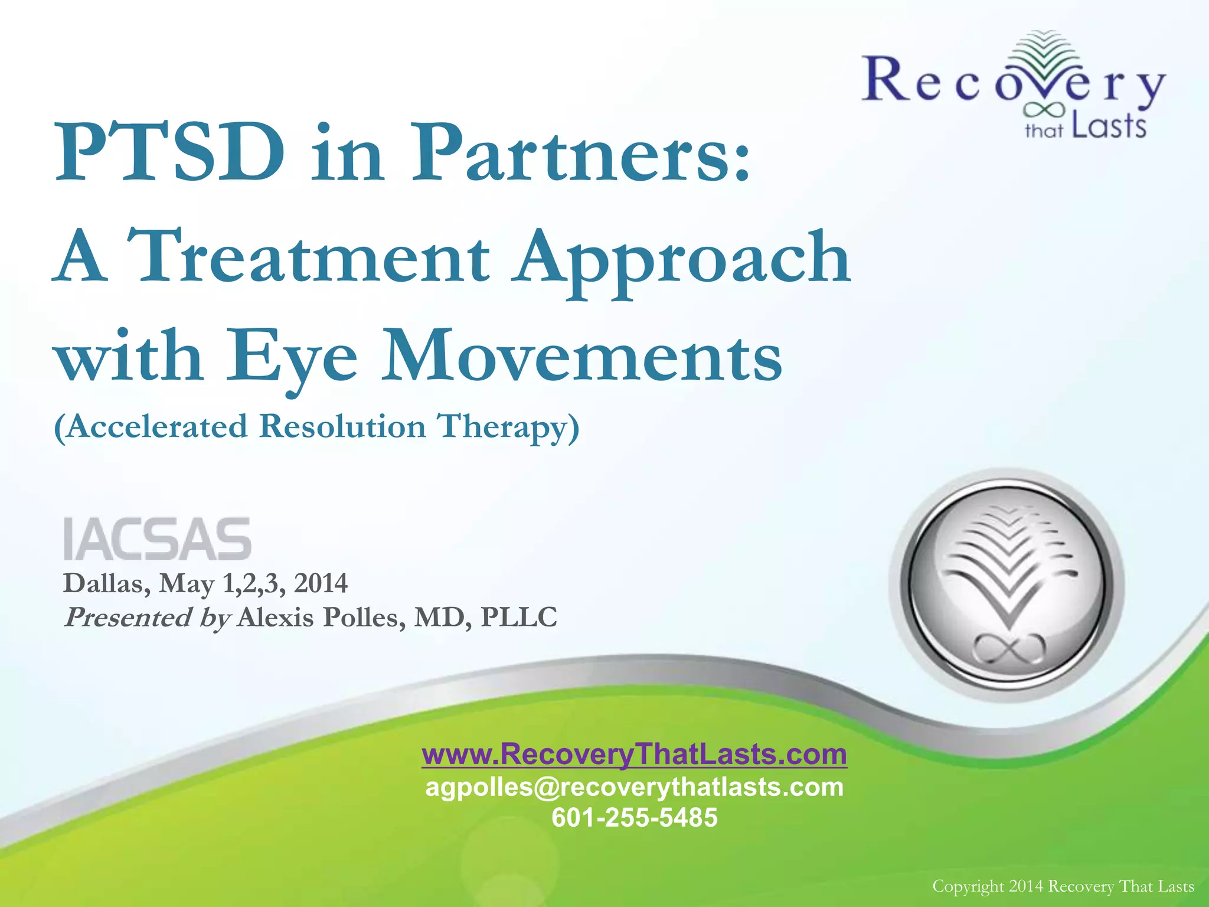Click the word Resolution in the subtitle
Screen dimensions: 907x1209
click(342, 426)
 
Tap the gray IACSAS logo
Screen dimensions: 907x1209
click(157, 539)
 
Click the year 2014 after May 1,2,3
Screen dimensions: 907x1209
click(321, 583)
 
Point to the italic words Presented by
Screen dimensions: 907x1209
click(146, 618)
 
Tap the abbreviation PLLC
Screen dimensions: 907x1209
click(519, 618)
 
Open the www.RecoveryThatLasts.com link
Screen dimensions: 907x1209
click(634, 754)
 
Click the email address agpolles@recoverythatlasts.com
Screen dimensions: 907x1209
click(634, 787)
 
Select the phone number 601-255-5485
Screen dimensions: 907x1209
click(634, 818)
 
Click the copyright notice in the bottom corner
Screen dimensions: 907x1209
click(1063, 886)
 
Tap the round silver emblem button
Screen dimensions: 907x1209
click(1006, 585)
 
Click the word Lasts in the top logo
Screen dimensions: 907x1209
click(1109, 126)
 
